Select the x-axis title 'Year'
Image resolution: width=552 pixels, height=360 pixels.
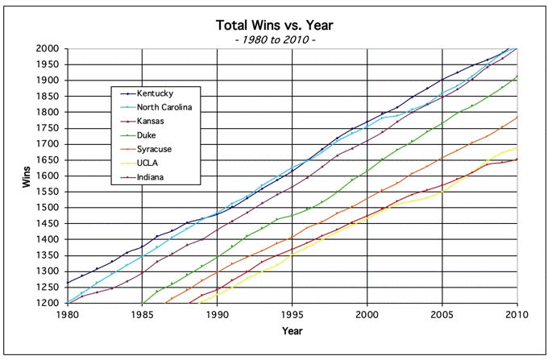click(x=292, y=330)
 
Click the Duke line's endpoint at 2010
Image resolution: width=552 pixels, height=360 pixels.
click(x=517, y=76)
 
